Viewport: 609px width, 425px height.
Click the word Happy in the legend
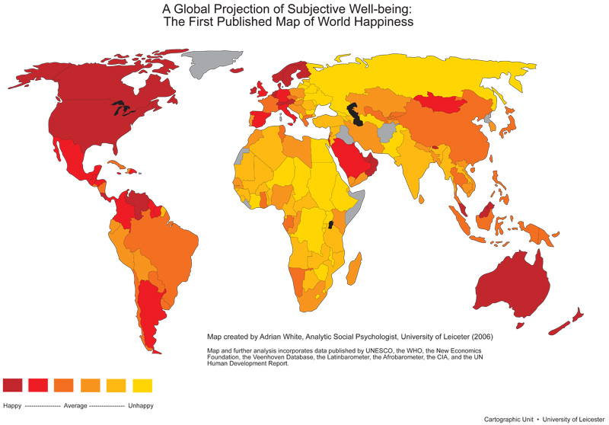coord(12,405)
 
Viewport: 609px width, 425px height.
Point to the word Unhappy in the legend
coord(139,405)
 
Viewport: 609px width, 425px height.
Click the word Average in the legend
coord(75,405)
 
